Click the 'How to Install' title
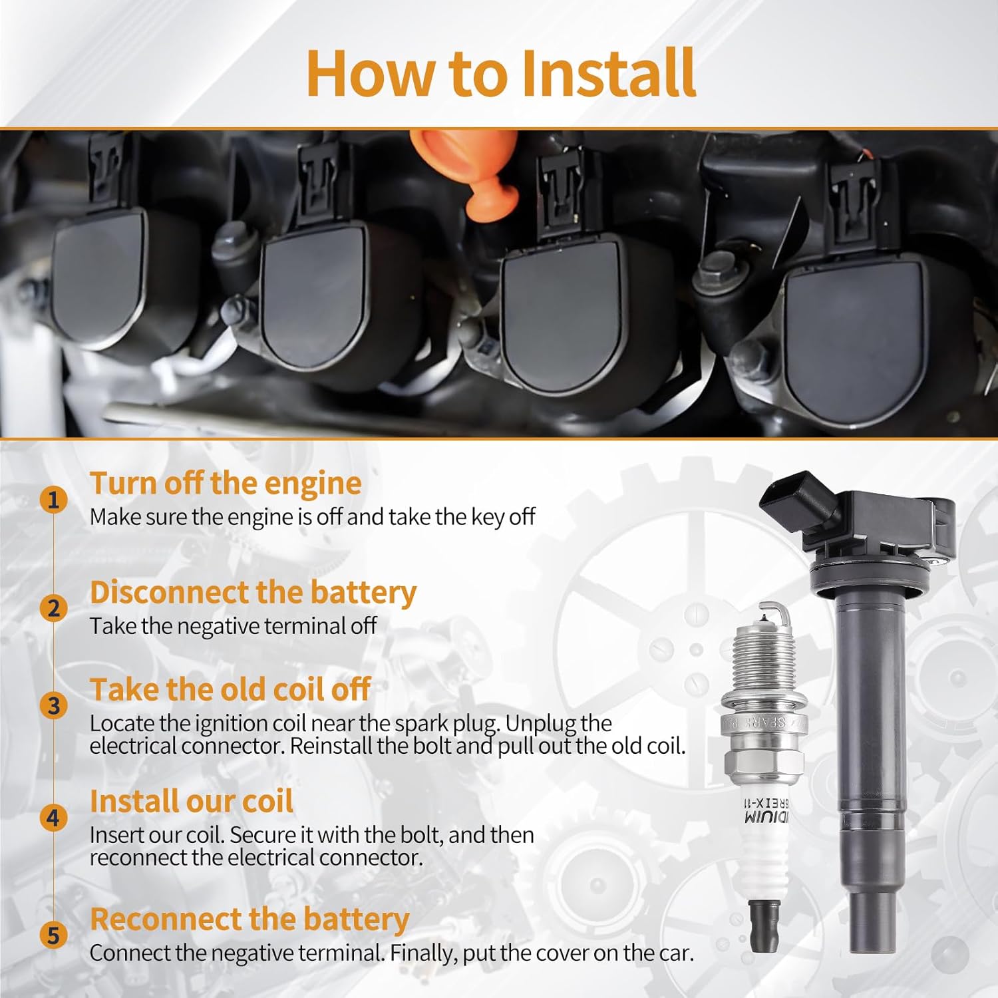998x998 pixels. pos(500,73)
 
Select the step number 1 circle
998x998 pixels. pos(54,500)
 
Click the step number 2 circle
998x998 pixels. pos(54,608)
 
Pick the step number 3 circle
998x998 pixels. pos(54,706)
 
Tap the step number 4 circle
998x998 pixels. pos(54,818)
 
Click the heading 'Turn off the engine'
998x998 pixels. pos(226,484)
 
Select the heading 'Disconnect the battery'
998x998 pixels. pos(253,592)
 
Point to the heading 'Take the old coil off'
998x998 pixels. pos(230,689)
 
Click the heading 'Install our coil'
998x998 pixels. pos(192,801)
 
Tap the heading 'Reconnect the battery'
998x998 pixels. pos(249,919)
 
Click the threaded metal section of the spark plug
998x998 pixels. pos(764,658)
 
